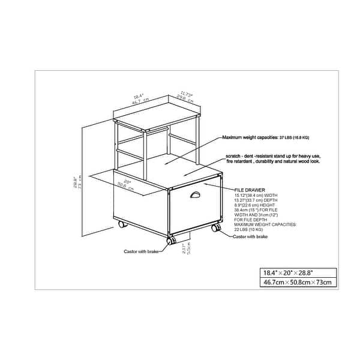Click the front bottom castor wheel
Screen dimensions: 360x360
tap(170, 241)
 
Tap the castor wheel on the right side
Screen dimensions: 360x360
tap(215, 228)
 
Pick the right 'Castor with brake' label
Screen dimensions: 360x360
tap(251, 237)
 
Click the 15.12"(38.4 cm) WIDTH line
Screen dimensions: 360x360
tap(257, 194)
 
